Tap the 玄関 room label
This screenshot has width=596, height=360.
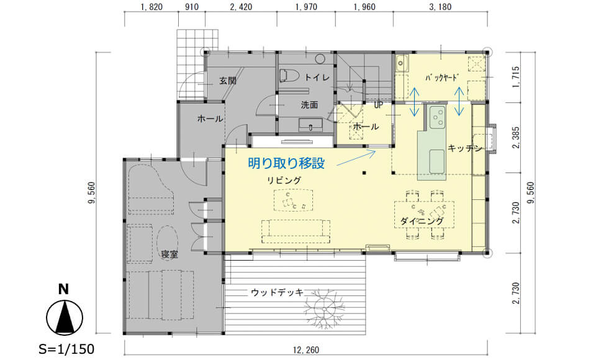click(x=228, y=81)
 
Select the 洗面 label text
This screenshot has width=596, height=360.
click(x=309, y=105)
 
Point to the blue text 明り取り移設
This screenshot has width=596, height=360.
click(x=286, y=163)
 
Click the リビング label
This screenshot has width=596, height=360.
click(x=284, y=180)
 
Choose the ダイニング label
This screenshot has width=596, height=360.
click(x=422, y=221)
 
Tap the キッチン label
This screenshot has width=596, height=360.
click(x=465, y=148)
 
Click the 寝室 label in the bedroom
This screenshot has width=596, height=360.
click(x=169, y=254)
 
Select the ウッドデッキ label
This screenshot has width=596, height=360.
click(x=277, y=292)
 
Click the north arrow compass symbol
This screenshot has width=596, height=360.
click(x=64, y=317)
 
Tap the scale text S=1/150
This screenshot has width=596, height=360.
click(x=66, y=349)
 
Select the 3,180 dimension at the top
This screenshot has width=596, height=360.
click(x=440, y=7)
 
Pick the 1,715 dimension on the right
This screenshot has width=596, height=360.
click(x=516, y=77)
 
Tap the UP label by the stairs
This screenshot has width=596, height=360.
click(x=378, y=105)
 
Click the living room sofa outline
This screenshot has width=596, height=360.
click(x=296, y=232)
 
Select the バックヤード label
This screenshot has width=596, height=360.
click(x=441, y=78)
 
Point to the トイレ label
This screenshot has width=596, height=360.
click(x=317, y=77)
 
